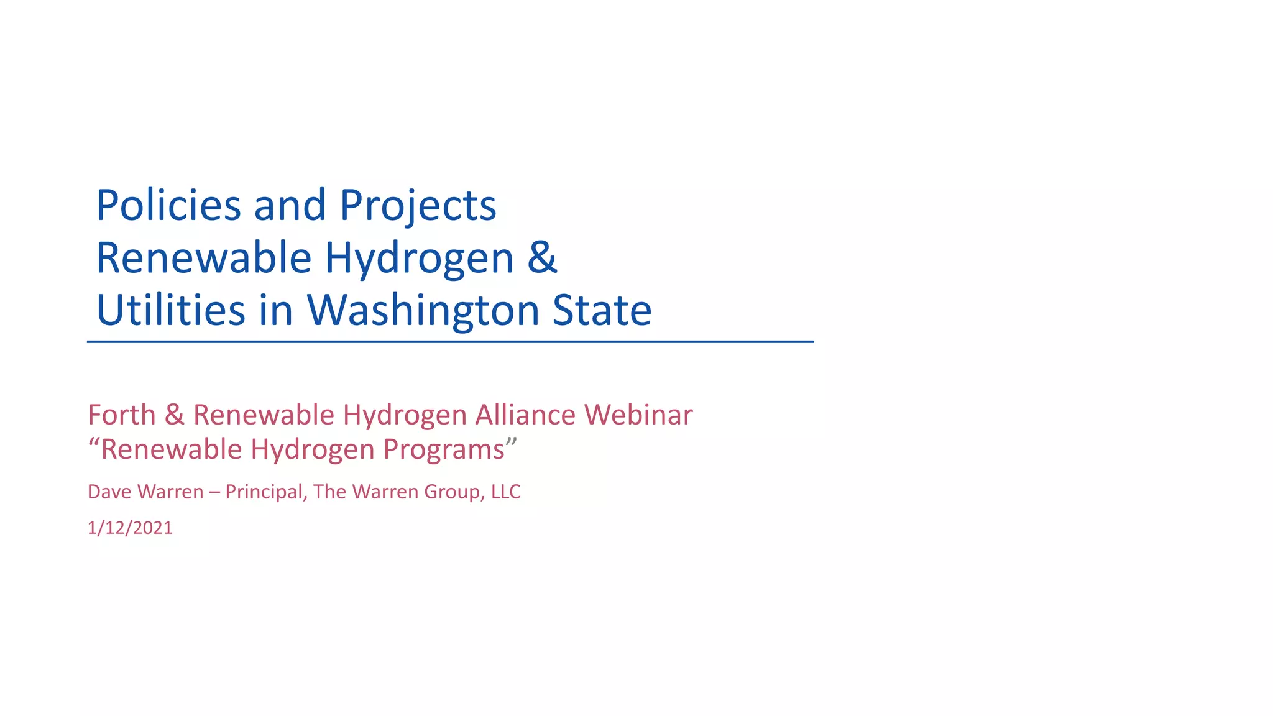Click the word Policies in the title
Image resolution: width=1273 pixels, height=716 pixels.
pyautogui.click(x=168, y=205)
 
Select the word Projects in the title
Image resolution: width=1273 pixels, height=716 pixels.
pyautogui.click(x=418, y=206)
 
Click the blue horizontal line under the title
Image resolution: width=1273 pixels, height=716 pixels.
pyautogui.click(x=450, y=342)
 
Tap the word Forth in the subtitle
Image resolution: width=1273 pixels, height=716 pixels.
pyautogui.click(x=122, y=415)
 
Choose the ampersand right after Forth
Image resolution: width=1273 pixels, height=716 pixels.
pyautogui.click(x=175, y=415)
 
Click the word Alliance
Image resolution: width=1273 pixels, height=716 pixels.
pyautogui.click(x=525, y=415)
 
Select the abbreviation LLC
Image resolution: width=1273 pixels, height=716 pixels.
pyautogui.click(x=505, y=492)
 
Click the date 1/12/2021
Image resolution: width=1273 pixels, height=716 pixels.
pyautogui.click(x=130, y=528)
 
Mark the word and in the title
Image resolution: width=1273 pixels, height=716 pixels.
pyautogui.click(x=290, y=205)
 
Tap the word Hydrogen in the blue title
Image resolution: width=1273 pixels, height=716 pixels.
pyautogui.click(x=419, y=258)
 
